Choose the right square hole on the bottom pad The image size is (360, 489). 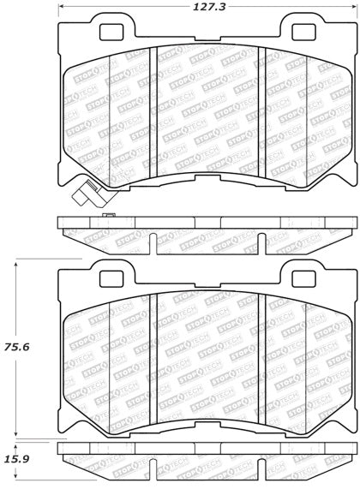(x=303, y=279)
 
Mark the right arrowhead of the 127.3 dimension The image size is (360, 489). (x=354, y=7)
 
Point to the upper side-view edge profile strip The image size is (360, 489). (x=207, y=229)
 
